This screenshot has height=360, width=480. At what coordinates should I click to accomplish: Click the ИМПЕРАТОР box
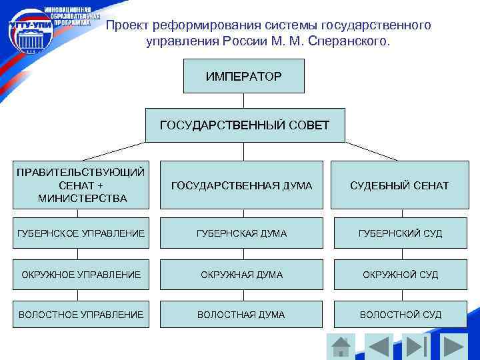click(x=243, y=76)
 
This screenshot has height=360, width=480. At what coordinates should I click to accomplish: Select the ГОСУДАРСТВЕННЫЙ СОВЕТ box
click(x=245, y=125)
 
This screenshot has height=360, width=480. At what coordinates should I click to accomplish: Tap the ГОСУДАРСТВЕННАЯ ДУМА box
click(x=241, y=185)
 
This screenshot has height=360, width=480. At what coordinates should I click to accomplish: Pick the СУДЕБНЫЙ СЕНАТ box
click(x=399, y=185)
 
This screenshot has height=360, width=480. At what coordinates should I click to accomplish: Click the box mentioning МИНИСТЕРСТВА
click(x=80, y=185)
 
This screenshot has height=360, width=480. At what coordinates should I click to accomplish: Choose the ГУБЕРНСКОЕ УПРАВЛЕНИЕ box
click(x=80, y=233)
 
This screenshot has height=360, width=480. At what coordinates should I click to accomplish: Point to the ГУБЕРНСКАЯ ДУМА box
click(x=241, y=233)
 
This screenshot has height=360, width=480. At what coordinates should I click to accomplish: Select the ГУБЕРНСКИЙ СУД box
click(x=400, y=233)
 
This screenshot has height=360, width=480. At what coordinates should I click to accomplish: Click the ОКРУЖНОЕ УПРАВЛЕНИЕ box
click(x=80, y=275)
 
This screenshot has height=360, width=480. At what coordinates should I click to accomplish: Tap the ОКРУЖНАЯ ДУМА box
click(x=241, y=275)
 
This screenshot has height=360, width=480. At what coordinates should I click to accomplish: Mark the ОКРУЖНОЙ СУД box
click(x=400, y=275)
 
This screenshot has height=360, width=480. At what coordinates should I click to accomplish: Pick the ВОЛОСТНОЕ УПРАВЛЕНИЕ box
click(x=80, y=315)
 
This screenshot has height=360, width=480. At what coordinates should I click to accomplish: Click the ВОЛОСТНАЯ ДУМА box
click(x=241, y=315)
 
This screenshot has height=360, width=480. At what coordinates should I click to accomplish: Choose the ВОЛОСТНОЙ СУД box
click(x=400, y=315)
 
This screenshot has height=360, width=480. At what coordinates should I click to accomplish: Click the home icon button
click(x=341, y=347)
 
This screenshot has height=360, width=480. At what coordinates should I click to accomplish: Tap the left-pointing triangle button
click(x=379, y=347)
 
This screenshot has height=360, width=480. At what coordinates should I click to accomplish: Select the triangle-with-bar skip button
click(x=417, y=347)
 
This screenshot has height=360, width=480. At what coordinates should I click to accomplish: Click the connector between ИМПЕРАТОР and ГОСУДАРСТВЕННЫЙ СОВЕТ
click(x=244, y=100)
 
